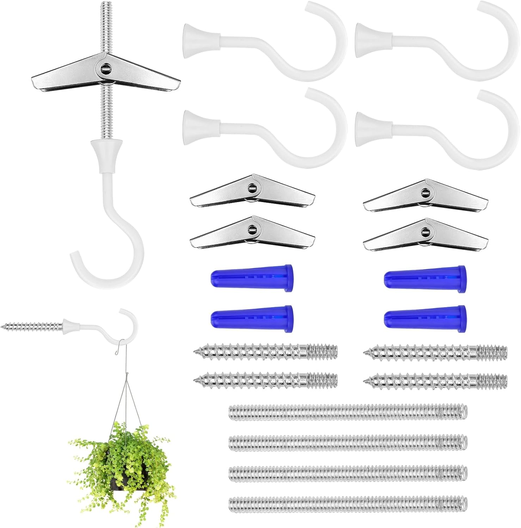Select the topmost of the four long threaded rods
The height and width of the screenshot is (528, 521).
[x=348, y=412]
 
